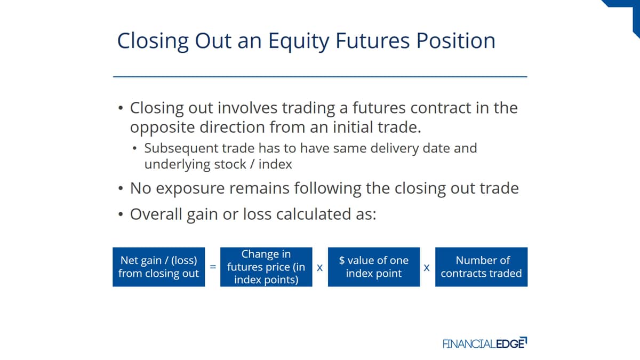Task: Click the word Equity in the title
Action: [299, 42]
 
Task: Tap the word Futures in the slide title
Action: [373, 41]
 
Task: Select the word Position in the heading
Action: [455, 41]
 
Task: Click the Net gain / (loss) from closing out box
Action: [158, 267]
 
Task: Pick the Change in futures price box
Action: [266, 267]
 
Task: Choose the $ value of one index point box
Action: [374, 267]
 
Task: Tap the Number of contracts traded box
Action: [482, 267]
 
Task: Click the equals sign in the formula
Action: [213, 267]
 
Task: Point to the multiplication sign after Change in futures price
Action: [319, 268]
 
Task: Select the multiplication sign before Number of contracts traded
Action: [427, 268]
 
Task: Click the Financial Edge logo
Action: [485, 343]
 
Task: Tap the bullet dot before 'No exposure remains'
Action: [121, 188]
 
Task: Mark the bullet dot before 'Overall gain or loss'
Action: [121, 214]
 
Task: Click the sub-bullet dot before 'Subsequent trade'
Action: [134, 148]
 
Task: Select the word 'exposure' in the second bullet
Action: [190, 189]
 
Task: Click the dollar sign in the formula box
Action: [342, 260]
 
